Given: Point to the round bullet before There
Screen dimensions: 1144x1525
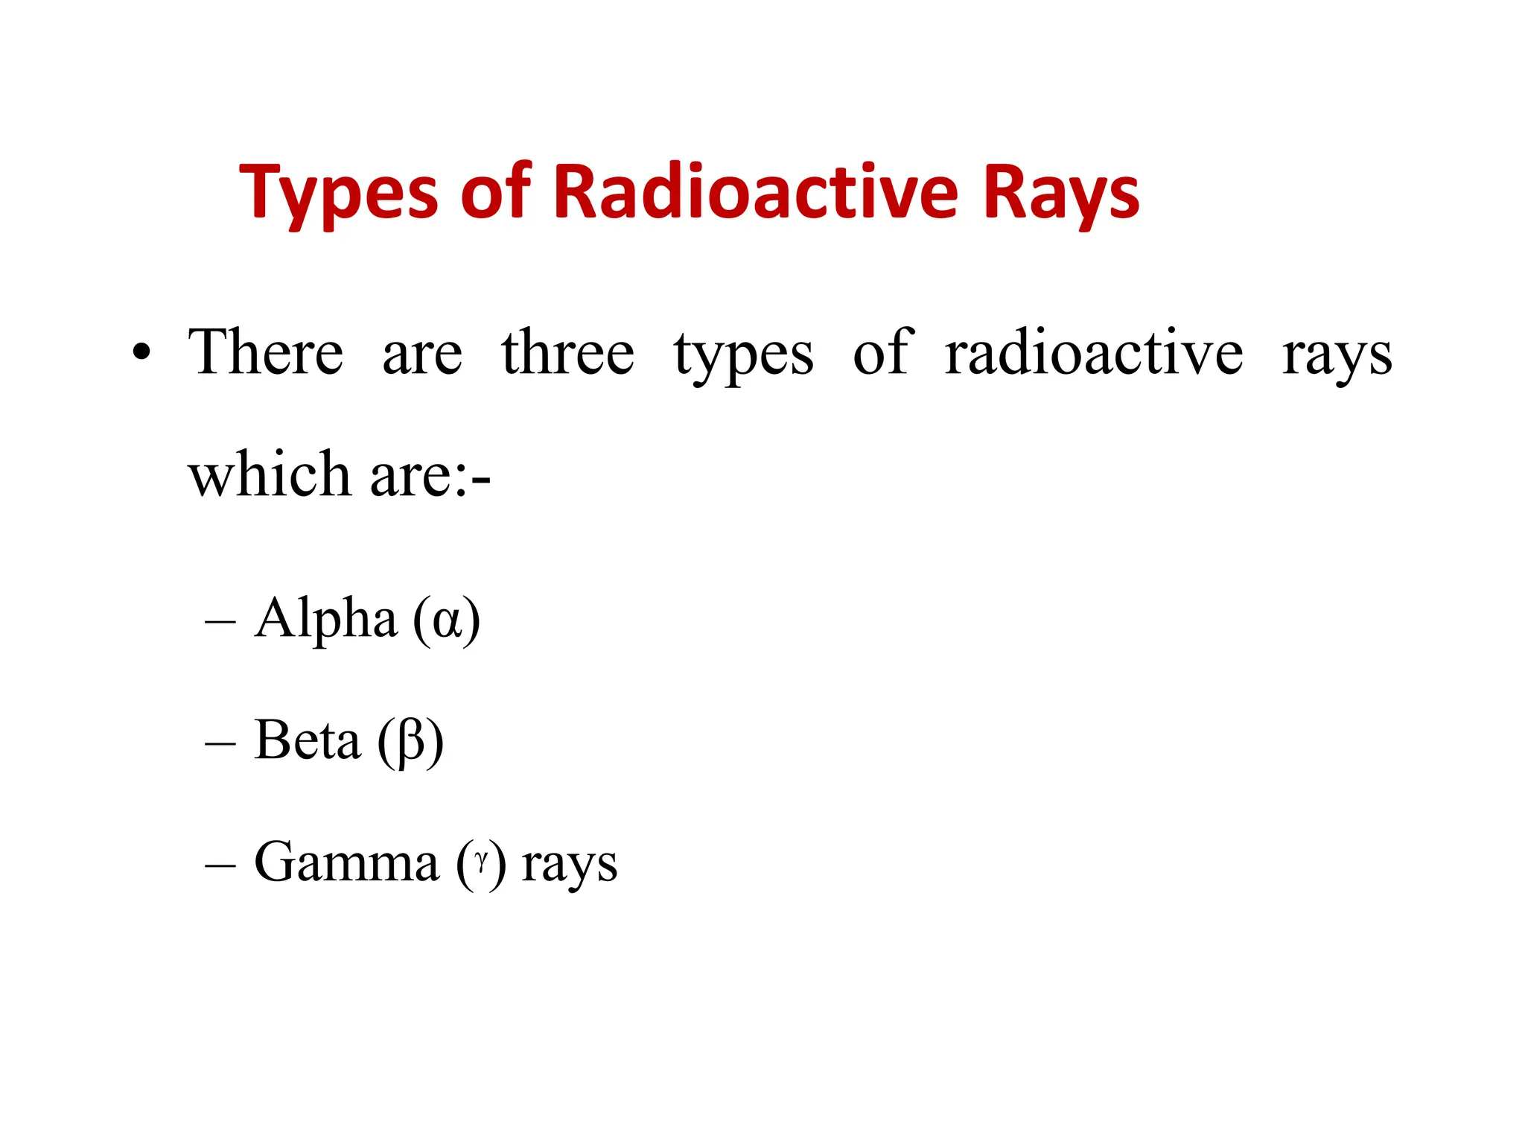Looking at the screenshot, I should pos(141,352).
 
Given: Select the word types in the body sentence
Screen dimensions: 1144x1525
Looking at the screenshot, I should pos(743,356).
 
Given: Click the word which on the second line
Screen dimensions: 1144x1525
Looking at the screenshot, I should pos(269,474).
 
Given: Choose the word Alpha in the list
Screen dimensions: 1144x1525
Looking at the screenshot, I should pos(325,618).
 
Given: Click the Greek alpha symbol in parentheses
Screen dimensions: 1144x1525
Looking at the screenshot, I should pos(448,621).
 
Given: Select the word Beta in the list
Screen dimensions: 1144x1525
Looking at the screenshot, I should pos(307,740).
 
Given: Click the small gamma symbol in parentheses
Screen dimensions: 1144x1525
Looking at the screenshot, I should pos(482,862).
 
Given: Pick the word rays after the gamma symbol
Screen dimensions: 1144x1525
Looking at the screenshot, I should pos(570,865).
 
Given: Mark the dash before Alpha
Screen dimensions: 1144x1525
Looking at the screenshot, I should pos(220,621).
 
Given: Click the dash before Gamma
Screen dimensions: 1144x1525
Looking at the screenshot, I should pos(220,865).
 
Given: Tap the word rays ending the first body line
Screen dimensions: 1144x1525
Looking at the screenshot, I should pos(1337,356).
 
